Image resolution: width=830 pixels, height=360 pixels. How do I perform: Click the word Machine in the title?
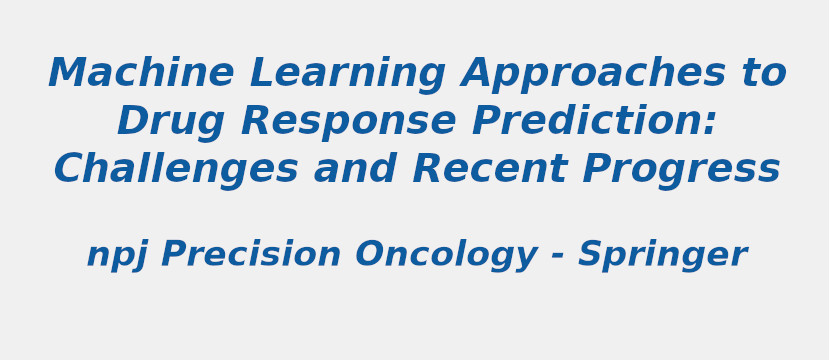(x=141, y=74)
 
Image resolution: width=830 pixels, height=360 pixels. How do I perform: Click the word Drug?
(x=171, y=123)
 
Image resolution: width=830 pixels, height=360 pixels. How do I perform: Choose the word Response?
(x=349, y=123)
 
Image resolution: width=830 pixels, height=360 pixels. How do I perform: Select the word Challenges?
(x=176, y=171)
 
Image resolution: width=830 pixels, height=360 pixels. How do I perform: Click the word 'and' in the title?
(x=356, y=170)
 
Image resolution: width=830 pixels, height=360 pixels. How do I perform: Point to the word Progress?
(x=681, y=171)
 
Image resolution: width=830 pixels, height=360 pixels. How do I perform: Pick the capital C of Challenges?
(x=71, y=171)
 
